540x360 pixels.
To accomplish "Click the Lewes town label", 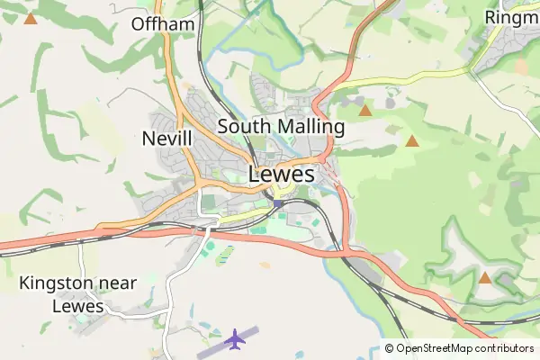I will tap(282, 174).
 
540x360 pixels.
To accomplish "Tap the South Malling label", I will tap(281, 127).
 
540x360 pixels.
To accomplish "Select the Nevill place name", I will tap(167, 139).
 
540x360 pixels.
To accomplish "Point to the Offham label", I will tap(163, 24).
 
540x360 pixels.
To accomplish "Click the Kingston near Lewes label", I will tap(78, 294).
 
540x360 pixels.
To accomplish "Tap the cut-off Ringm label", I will tap(511, 17).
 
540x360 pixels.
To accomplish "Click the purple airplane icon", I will tap(236, 339).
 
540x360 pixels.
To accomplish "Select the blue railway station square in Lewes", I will tap(278, 204).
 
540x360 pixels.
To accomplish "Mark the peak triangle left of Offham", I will tap(31, 18).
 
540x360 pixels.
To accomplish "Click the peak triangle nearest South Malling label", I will tap(365, 111).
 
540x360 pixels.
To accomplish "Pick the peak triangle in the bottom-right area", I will tap(486, 278).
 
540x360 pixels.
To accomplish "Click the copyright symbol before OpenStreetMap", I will tap(390, 348).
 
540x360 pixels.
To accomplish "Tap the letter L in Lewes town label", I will tap(256, 174).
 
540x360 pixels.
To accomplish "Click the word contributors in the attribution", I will tap(504, 348).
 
